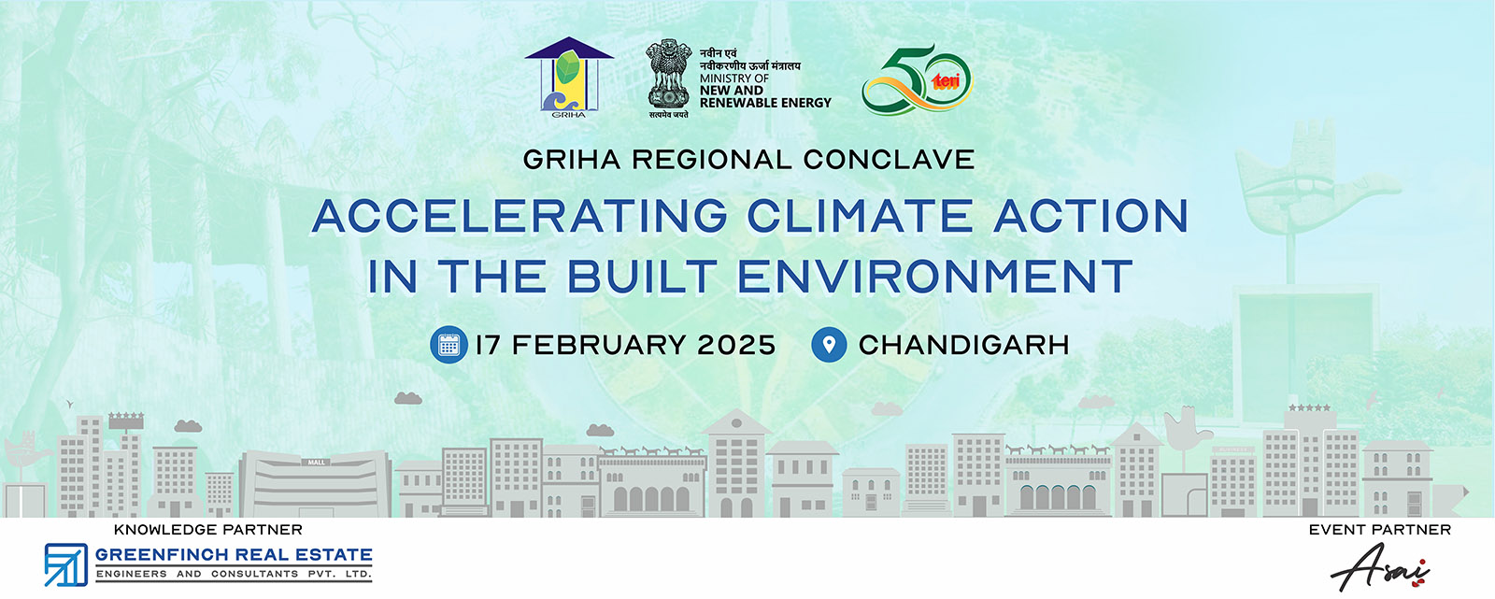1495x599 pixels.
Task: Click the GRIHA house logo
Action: coord(569,77)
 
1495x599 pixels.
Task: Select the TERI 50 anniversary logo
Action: coord(918,79)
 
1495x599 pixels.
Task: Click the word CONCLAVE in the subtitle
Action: coord(889,160)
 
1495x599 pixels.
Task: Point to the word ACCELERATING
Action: coord(520,216)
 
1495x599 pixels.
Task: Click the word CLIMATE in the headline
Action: coord(860,216)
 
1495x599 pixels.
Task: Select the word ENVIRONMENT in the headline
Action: coord(935,277)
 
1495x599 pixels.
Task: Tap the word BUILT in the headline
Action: coord(642,277)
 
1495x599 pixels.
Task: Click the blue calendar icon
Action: coord(448,345)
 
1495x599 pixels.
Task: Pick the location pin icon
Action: coord(829,345)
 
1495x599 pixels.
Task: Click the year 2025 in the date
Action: coord(736,345)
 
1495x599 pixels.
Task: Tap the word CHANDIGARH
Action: coord(963,345)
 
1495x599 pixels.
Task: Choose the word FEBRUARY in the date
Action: coord(599,345)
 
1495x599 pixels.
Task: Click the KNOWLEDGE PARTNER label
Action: coord(208,530)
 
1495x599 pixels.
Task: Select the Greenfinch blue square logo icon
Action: coord(66,564)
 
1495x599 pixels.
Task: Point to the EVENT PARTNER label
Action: coord(1380,530)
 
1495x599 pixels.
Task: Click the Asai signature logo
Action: coord(1380,567)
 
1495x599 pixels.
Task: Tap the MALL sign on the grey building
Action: coord(317,463)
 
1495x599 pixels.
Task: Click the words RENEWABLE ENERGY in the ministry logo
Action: coord(765,103)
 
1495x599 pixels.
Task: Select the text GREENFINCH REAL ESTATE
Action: coord(234,555)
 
